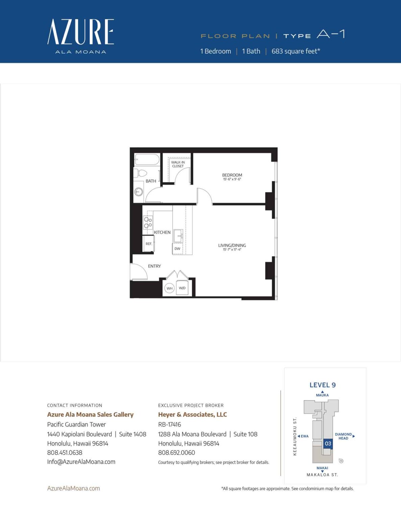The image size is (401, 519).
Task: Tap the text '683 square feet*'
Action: coord(296,51)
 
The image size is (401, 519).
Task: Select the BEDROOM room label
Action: coord(232,175)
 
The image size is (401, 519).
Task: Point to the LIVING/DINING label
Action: coord(232,246)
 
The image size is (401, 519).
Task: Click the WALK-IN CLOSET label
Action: coord(178,164)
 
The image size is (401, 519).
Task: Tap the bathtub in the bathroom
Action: coord(147,159)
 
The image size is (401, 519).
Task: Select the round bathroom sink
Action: coord(139,192)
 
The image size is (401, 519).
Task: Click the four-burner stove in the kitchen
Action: coord(148,222)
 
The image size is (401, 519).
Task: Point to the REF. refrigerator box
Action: coord(149,244)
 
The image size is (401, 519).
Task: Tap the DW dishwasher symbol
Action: coord(177,249)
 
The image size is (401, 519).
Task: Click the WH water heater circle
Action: coord(169,288)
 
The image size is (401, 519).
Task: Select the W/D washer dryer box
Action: coord(182,288)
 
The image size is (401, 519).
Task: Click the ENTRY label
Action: coord(154,266)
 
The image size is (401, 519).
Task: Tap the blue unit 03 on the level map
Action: coord(328,444)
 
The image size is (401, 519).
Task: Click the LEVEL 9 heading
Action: coord(323,385)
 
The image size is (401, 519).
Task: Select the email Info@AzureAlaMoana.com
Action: coord(81,462)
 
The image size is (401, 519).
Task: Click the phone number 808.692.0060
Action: coord(176,453)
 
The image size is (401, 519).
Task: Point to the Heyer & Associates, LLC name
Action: coord(193,415)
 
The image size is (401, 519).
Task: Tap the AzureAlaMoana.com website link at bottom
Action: coord(73,488)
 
